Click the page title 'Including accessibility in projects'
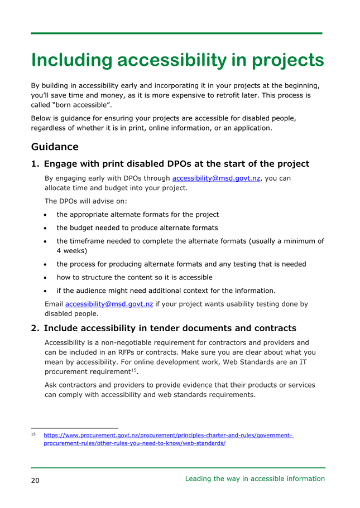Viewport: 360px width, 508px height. [x=177, y=60]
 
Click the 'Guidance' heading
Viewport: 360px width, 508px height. [x=55, y=147]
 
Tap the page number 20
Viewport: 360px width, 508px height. [x=35, y=481]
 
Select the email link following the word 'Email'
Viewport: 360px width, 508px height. [x=109, y=304]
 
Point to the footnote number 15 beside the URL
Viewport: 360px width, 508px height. [x=34, y=434]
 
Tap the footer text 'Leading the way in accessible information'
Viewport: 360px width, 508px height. [x=255, y=478]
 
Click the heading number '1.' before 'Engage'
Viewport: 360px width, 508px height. [x=35, y=164]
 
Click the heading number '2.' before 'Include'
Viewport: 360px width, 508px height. [x=35, y=328]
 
